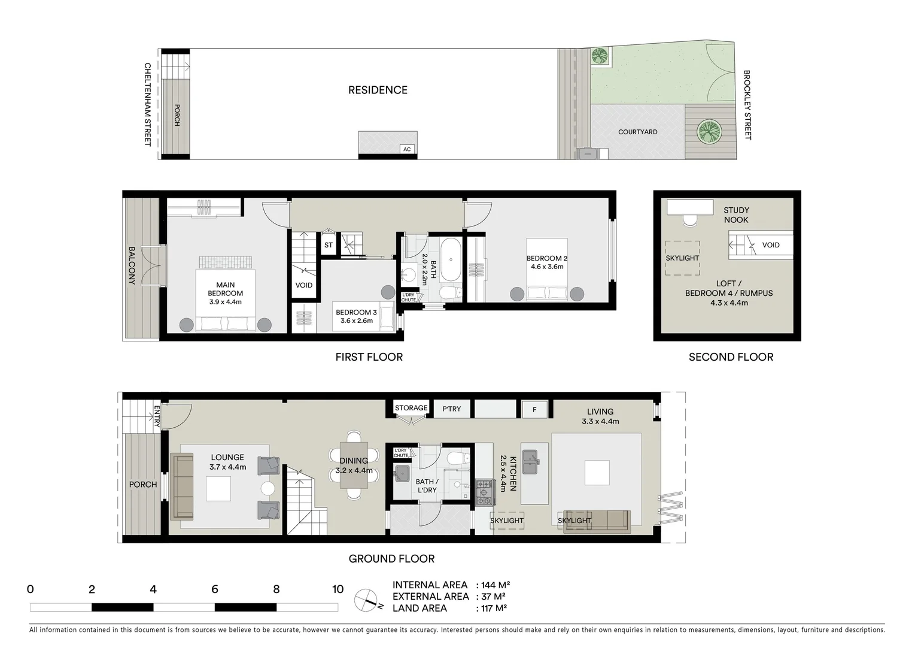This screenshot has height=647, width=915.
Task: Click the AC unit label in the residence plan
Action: click(x=407, y=149)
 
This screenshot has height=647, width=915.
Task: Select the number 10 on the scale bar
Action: click(x=338, y=589)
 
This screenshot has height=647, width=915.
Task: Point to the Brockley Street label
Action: click(x=747, y=105)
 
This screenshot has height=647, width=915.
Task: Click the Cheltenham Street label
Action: click(x=147, y=104)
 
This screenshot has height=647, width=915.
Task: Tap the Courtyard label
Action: click(x=637, y=132)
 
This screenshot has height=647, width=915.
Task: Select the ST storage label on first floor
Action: click(x=329, y=245)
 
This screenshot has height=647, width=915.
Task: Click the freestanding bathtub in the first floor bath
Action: click(x=449, y=259)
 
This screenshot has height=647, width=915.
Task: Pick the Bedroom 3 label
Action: click(x=356, y=316)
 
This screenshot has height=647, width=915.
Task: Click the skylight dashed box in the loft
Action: click(x=682, y=258)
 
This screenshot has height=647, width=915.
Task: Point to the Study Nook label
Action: click(x=736, y=215)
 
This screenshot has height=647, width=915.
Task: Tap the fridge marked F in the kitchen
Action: click(x=535, y=410)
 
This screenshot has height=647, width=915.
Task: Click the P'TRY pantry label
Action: click(x=452, y=409)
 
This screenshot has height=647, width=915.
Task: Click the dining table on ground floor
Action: click(x=354, y=465)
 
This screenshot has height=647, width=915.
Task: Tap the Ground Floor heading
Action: click(x=391, y=559)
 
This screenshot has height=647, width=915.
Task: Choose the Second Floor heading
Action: click(x=731, y=357)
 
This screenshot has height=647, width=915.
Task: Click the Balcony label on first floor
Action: click(x=132, y=265)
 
